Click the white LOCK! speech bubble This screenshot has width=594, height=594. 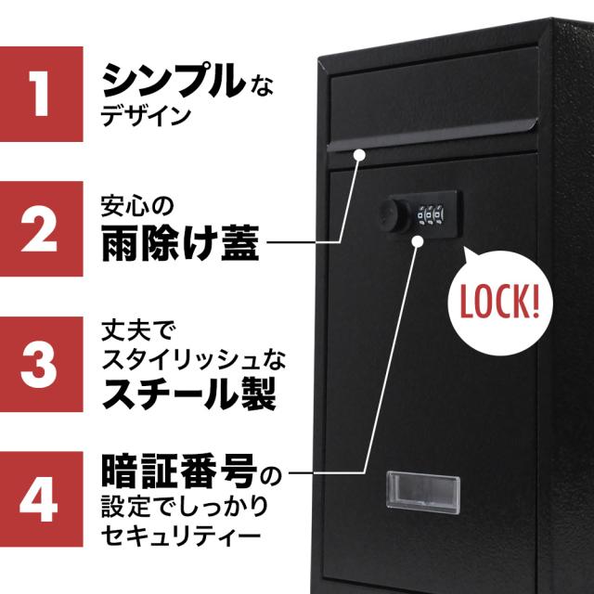497,301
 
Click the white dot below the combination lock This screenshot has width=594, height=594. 418,243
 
